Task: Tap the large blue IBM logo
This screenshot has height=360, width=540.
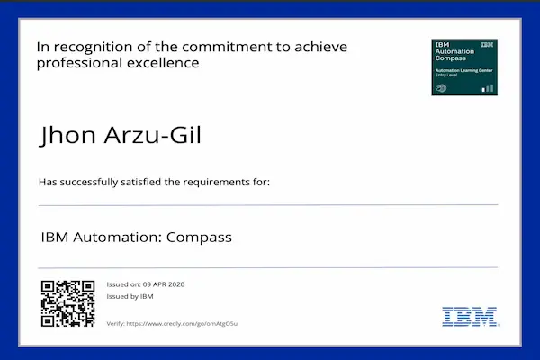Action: [x=465, y=316]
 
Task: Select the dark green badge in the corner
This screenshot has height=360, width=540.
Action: [x=464, y=67]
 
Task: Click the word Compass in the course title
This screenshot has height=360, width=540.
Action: [x=202, y=238]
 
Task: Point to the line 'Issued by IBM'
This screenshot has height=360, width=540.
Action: [x=130, y=296]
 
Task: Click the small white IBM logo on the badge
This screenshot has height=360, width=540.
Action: [x=487, y=44]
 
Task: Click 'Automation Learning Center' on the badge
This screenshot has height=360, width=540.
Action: [x=459, y=70]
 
